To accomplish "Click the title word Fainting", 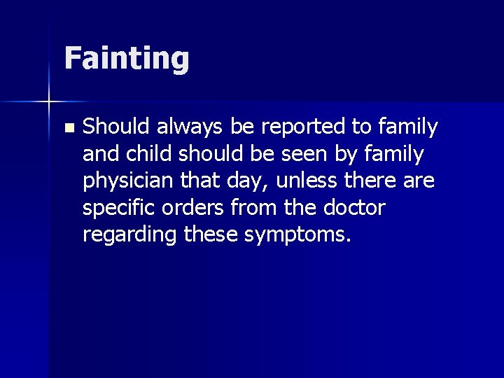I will pyautogui.click(x=127, y=59).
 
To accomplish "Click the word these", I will pyautogui.click(x=211, y=235).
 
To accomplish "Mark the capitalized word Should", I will pyautogui.click(x=116, y=127).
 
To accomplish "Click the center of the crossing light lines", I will pyautogui.click(x=49, y=101).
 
